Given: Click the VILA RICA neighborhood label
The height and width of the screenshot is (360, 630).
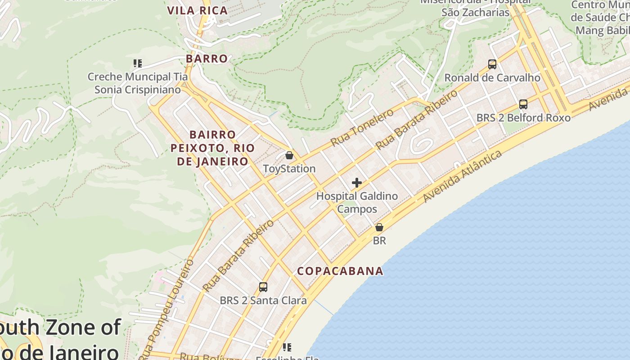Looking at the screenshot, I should click(198, 11).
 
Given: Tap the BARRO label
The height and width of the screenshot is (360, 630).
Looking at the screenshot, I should click(207, 58).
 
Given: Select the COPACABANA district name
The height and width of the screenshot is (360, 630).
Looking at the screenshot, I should click(340, 271).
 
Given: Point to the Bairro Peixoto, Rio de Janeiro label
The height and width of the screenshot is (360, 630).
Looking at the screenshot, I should click(213, 148).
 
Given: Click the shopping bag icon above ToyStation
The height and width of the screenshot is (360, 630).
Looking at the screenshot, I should click(289, 155).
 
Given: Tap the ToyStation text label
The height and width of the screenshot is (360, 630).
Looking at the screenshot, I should click(289, 169).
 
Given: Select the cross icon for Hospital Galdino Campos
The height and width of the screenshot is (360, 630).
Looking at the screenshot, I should click(357, 183).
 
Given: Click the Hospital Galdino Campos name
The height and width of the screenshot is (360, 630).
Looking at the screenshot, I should click(357, 202).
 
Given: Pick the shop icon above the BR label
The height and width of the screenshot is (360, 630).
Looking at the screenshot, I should click(379, 227).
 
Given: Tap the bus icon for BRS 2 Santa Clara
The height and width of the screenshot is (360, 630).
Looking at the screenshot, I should click(263, 287).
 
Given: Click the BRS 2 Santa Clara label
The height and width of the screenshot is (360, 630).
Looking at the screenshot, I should click(263, 300).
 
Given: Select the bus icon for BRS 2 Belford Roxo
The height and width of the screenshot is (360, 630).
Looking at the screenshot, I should click(523, 104).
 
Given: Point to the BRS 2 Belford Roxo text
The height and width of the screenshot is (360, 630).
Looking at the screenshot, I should click(523, 118).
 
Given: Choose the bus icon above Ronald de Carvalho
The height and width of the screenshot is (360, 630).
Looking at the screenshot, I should click(492, 64).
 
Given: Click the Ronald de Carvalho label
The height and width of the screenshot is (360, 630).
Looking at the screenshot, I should click(492, 78).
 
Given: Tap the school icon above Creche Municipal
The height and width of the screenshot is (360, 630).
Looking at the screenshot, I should click(138, 63).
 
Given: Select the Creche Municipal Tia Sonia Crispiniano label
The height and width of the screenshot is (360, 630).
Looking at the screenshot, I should click(138, 83).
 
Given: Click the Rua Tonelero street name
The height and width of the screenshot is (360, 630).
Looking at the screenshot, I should click(362, 127).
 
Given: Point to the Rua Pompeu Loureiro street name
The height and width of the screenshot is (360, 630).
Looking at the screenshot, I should click(167, 306).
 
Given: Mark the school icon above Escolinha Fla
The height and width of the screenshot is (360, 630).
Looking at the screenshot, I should click(287, 347).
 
